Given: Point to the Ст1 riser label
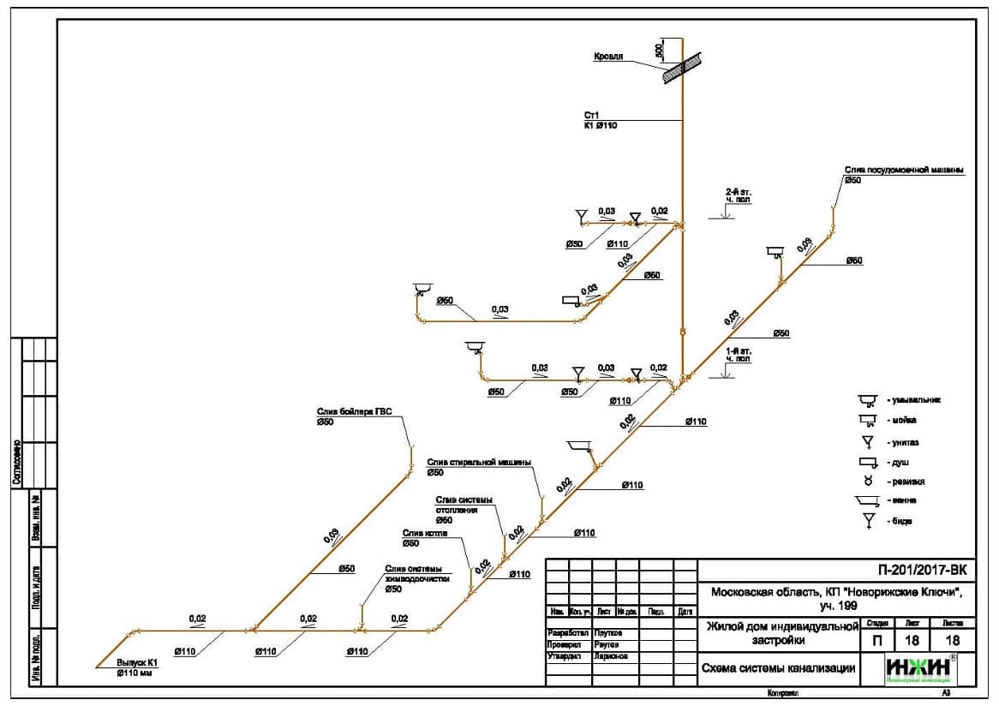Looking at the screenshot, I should pyautogui.click(x=590, y=115).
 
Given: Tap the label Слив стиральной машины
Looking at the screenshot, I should pyautogui.click(x=479, y=462).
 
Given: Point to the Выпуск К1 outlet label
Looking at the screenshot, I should pyautogui.click(x=140, y=662).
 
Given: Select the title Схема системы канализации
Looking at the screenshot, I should pyautogui.click(x=778, y=669).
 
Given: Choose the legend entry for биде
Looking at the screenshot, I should pyautogui.click(x=900, y=521).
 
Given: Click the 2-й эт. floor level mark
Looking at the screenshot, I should pyautogui.click(x=738, y=196).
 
